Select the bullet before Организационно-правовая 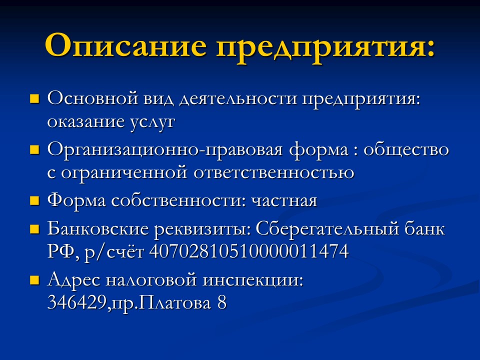pos(34,149)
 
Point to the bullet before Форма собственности pos(34,201)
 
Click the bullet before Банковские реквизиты pos(34,229)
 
